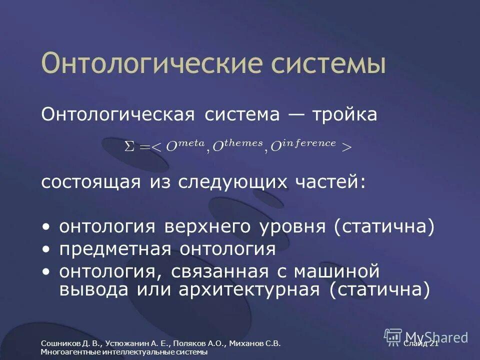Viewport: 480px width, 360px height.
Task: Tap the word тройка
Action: coord(344,114)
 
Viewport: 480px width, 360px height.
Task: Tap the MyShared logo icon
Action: coord(393,336)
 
